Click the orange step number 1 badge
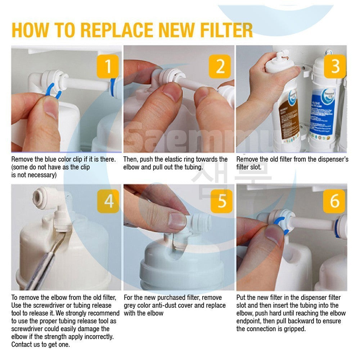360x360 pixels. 108,66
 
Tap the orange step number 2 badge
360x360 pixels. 220,66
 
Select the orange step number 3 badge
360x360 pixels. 335,66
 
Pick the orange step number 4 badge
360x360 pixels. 108,201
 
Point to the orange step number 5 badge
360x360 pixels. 221,201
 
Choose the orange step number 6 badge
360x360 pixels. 334,201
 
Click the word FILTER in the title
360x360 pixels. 226,30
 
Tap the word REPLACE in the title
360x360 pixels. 117,30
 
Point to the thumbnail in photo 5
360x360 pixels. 177,221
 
